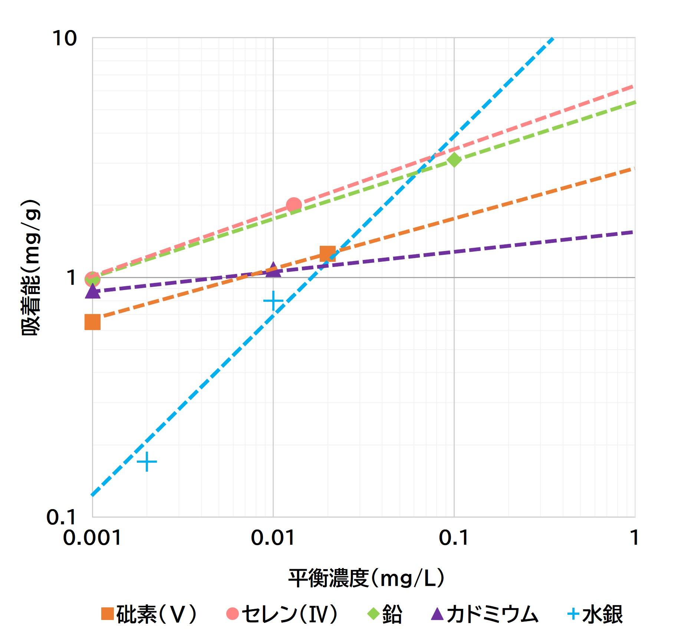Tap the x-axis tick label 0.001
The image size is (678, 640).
coord(92,537)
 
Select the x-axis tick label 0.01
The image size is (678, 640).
coord(273,537)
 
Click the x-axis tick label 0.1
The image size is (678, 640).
coord(454,537)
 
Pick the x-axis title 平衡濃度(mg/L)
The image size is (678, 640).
coord(366,578)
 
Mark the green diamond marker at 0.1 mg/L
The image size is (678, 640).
coord(454,160)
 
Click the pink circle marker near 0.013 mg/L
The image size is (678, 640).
coord(294,205)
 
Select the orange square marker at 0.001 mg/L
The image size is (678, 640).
coord(92,322)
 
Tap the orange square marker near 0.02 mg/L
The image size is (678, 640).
coord(328,254)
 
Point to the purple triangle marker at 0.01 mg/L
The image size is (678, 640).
coord(273,270)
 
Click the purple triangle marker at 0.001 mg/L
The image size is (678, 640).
coord(93,291)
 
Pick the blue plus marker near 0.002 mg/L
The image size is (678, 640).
coord(147,462)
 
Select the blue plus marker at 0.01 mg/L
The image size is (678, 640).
coord(273,301)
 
